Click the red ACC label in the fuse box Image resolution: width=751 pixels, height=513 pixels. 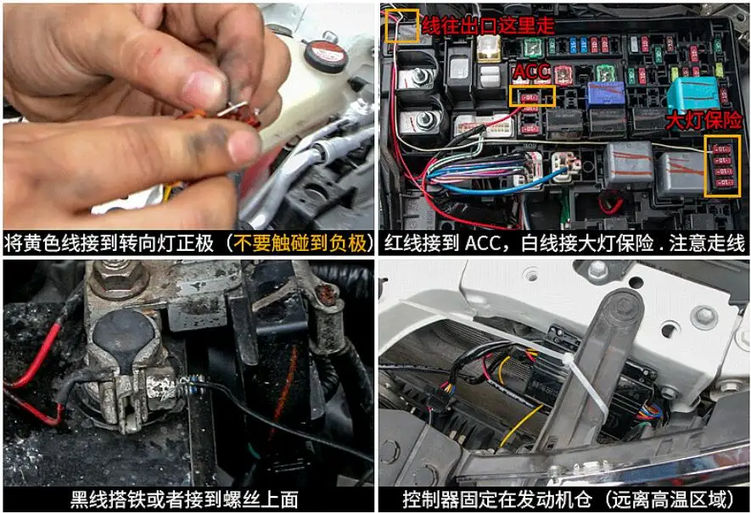coord(531,72)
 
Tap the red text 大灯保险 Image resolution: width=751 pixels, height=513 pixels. coord(703,120)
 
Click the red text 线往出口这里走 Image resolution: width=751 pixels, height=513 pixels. coord(488,25)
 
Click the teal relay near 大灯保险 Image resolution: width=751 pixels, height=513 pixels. coord(693,94)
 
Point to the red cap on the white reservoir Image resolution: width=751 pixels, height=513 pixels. coord(325,54)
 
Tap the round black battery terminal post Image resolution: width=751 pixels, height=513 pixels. coord(124,335)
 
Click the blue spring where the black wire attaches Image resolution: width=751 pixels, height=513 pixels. coord(191,385)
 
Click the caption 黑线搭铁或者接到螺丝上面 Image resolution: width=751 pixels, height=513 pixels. coord(184,499)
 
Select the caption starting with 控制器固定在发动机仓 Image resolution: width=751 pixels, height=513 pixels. coord(568,499)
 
